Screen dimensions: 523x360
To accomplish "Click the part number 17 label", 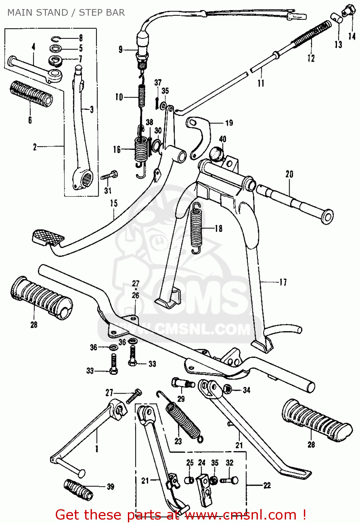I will click(283, 282).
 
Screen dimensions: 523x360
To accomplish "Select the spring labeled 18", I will click(196, 228).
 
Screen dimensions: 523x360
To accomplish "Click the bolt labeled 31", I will click(109, 176).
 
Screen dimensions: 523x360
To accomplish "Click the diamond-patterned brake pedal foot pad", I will click(48, 237).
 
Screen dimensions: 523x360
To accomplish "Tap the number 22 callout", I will click(267, 485).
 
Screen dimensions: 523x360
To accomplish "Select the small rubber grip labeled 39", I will click(78, 489).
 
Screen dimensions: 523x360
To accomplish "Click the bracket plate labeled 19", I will click(200, 136).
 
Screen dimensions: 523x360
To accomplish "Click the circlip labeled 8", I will click(56, 38).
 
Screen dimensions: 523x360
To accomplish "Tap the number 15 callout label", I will click(114, 203).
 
